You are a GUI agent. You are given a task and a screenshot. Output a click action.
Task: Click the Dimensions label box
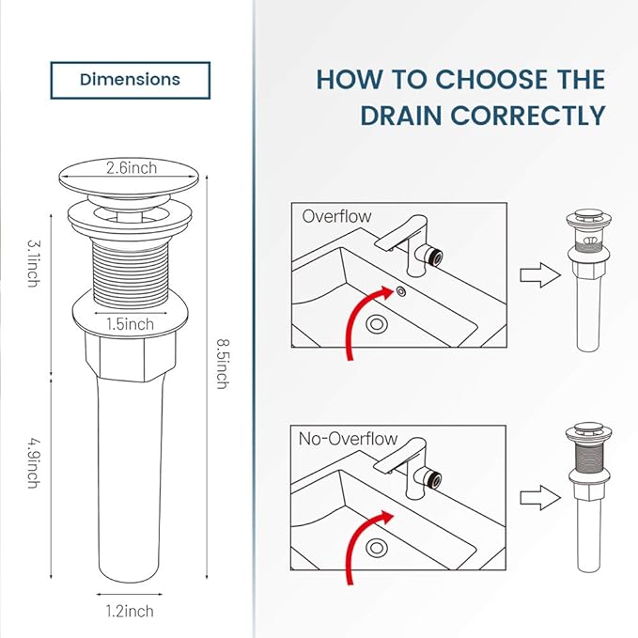tap(130, 80)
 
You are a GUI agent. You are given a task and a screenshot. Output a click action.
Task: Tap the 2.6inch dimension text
tap(131, 170)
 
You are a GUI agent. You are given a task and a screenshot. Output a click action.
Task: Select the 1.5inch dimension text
tap(131, 323)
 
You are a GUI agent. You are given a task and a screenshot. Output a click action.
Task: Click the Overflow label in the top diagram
tap(336, 216)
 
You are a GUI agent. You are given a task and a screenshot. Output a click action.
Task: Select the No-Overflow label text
tap(349, 439)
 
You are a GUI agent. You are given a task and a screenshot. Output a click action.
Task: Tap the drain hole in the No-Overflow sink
tap(379, 546)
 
